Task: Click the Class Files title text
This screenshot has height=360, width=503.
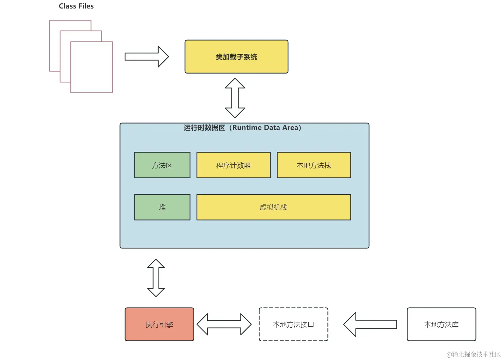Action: tap(76, 6)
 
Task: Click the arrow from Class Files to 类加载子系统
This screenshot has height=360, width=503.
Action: tap(146, 56)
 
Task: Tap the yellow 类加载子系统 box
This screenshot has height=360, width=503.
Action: tap(236, 57)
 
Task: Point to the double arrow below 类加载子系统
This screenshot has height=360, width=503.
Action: tap(235, 98)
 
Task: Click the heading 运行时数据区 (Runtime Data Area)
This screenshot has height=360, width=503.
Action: tap(242, 128)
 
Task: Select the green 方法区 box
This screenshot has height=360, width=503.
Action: tap(162, 165)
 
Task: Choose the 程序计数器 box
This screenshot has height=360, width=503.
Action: tap(233, 165)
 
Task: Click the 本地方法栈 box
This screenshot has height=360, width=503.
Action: tap(313, 165)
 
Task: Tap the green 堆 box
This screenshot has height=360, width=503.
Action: tap(162, 207)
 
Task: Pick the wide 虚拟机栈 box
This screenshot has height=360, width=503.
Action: tap(273, 207)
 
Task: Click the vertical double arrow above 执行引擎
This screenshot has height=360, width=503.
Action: tap(156, 278)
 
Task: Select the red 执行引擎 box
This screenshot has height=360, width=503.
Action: tap(159, 324)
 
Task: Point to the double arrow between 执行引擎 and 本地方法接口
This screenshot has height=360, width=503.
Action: tap(224, 324)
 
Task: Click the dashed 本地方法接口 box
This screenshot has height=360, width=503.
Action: tap(293, 324)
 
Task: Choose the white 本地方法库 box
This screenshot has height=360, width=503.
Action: tap(441, 324)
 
